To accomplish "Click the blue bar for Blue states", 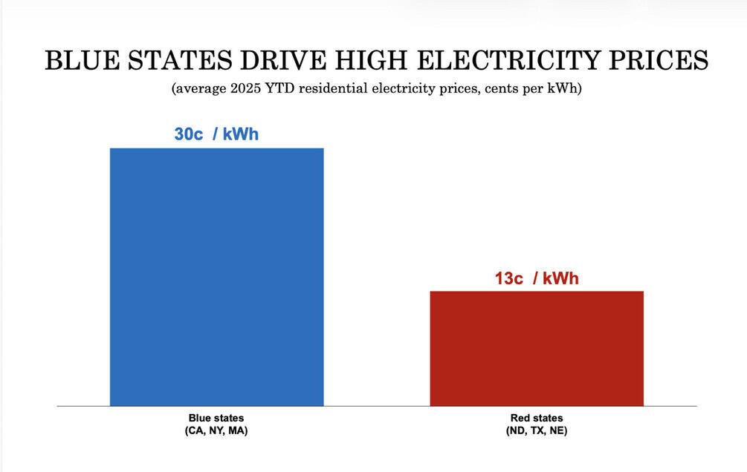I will (x=216, y=277).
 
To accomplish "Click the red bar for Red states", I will (x=537, y=348).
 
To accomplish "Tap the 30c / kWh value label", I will (x=216, y=135).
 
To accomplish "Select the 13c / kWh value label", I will (x=537, y=279).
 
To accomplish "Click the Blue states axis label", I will (x=216, y=419).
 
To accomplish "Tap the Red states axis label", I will (x=537, y=419).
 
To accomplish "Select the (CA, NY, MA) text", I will (x=216, y=430).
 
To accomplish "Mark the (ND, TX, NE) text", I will (x=537, y=430).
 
